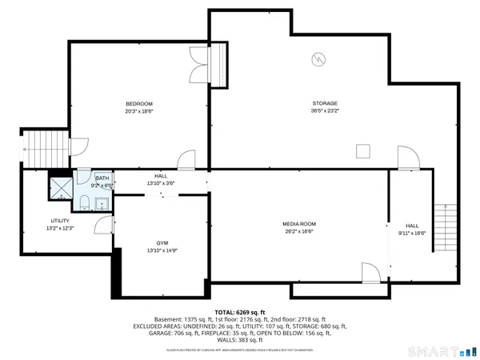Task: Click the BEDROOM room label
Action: (138, 104)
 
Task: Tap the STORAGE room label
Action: (324, 103)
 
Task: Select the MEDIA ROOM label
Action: (299, 224)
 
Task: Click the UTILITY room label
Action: (60, 221)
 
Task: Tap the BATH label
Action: (102, 178)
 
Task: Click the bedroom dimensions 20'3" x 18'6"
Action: (138, 112)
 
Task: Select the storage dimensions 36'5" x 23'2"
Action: (324, 111)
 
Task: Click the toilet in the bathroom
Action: (84, 200)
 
